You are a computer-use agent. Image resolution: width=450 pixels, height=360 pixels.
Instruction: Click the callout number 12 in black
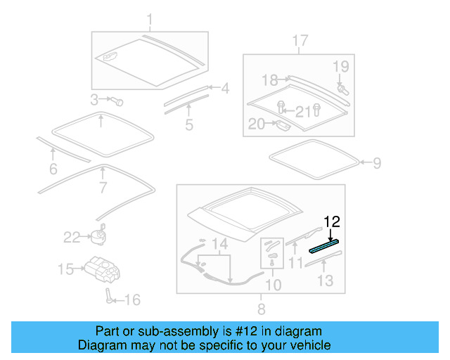coord(331,222)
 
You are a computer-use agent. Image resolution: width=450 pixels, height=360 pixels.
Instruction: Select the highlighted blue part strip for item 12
coord(325,245)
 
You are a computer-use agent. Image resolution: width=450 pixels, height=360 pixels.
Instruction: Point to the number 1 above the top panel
coord(149,18)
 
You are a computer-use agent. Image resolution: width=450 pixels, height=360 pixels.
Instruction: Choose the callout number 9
coord(377,164)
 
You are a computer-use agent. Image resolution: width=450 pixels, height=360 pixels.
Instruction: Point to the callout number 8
coord(261,308)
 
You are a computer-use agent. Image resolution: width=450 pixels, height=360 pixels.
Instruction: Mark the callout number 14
coord(220,244)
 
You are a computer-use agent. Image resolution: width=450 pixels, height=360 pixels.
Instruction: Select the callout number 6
coord(53,169)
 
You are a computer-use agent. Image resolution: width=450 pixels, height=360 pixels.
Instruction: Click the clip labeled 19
coord(342,89)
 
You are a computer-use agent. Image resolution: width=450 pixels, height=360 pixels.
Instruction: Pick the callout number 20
coord(256,124)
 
